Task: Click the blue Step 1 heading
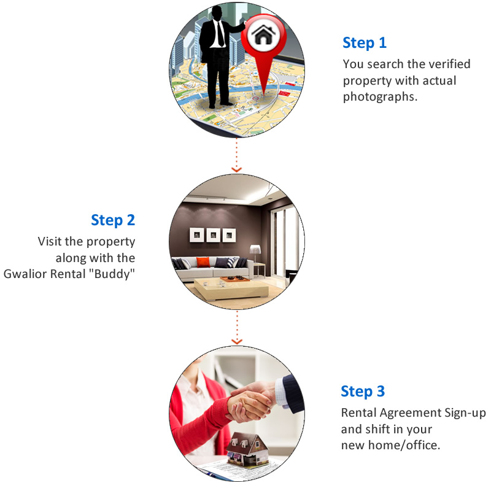[x=365, y=43]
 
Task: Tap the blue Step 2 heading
[x=113, y=220]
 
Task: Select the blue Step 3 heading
[x=363, y=392]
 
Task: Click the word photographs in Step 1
[x=380, y=97]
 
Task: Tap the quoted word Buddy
[x=112, y=274]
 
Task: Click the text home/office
[x=404, y=445]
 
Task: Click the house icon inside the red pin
[x=264, y=34]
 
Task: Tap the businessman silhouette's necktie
[x=220, y=34]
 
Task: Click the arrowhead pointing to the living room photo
[x=236, y=170]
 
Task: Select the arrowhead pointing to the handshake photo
[x=237, y=341]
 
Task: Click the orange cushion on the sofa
[x=203, y=262]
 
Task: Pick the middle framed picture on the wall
[x=213, y=235]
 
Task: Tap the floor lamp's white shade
[x=255, y=250]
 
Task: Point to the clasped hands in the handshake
[x=250, y=403]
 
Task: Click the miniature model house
[x=247, y=449]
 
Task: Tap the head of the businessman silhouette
[x=217, y=13]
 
